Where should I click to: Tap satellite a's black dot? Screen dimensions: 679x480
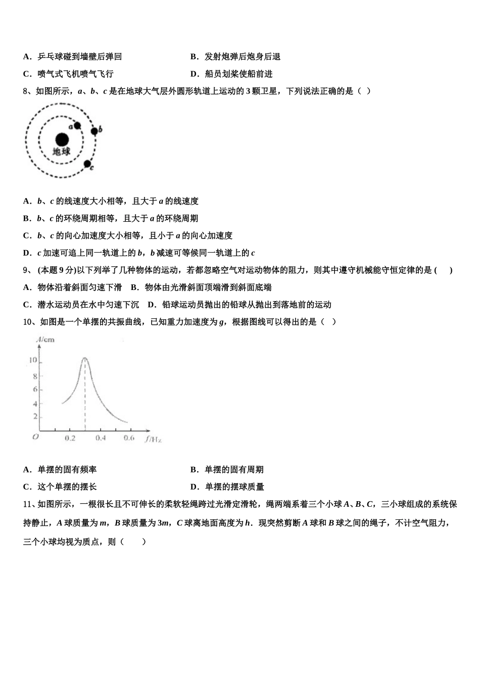[x=77, y=126]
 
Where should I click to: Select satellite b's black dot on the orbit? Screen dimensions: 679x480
[x=94, y=131]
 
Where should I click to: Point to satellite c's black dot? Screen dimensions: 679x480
[x=87, y=164]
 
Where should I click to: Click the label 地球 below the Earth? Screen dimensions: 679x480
[x=62, y=151]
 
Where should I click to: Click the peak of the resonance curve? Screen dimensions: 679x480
[x=84, y=358]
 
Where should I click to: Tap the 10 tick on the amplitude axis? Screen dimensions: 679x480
[x=33, y=360]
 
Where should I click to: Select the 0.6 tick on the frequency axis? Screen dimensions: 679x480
[x=129, y=438]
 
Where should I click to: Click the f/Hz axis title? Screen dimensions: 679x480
[x=153, y=439]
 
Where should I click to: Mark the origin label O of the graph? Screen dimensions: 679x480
[x=35, y=437]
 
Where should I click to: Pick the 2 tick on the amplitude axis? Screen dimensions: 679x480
[x=35, y=416]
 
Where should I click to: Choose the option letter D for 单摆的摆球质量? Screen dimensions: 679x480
[x=194, y=487]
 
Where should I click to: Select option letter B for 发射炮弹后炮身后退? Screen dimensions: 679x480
[x=194, y=57]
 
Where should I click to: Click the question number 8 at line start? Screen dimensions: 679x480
[x=25, y=91]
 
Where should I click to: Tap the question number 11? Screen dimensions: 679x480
[x=28, y=504]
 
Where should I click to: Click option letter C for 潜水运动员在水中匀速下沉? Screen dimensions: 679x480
[x=27, y=305]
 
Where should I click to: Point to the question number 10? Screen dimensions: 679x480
[x=28, y=322]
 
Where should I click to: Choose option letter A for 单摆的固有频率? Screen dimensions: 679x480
[x=27, y=470]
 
